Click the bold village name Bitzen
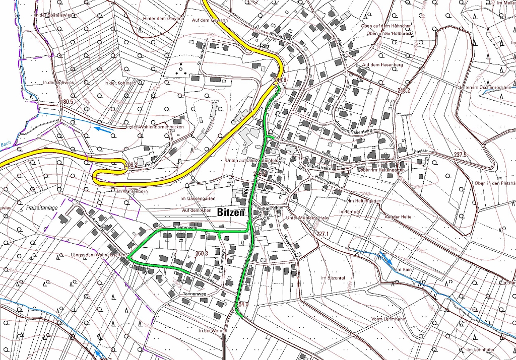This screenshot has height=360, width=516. pyautogui.click(x=231, y=212)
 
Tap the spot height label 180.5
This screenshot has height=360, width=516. pyautogui.click(x=66, y=102)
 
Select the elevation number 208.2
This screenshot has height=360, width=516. pyautogui.click(x=130, y=165)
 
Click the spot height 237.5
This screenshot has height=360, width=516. pyautogui.click(x=460, y=154)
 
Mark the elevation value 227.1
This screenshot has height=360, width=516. pyautogui.click(x=322, y=234)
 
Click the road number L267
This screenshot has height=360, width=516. pyautogui.click(x=265, y=46)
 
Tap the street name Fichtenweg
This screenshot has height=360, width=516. pyautogui.click(x=184, y=228)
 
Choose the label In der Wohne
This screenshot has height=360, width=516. pyautogui.click(x=212, y=331)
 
